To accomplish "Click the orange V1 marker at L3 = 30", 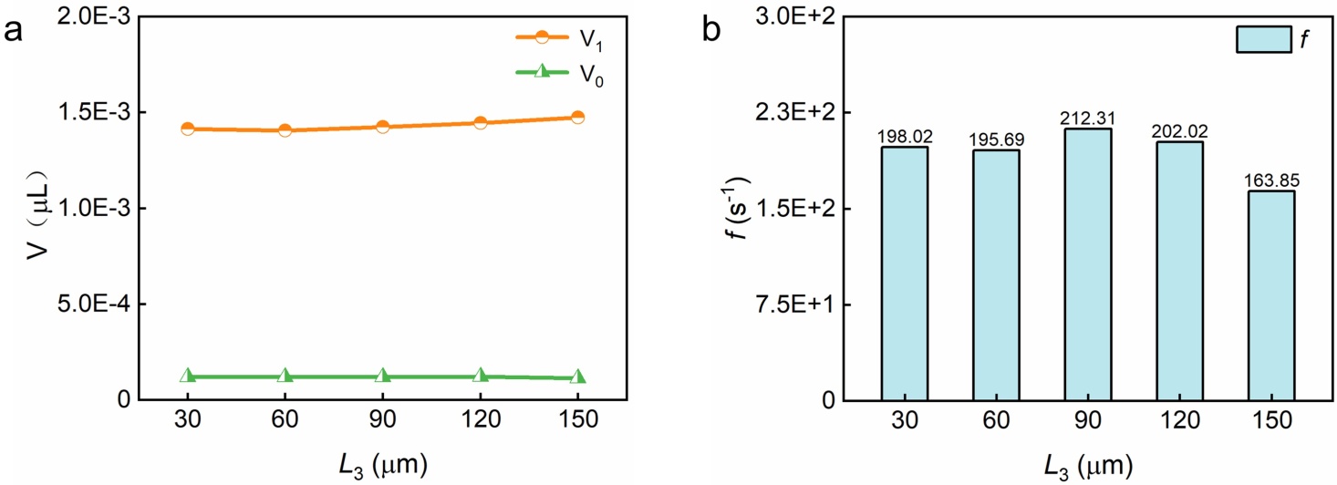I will click(x=188, y=129).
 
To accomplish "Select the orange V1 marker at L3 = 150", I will click(x=577, y=117).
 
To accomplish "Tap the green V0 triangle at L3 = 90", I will click(x=383, y=376).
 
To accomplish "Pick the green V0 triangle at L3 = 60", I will click(x=285, y=376).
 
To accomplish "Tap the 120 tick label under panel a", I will click(x=480, y=422).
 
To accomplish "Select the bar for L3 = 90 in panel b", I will click(x=1088, y=264).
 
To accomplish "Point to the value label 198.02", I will click(x=904, y=137).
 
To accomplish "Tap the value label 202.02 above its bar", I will click(x=1179, y=132).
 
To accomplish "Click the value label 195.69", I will click(x=996, y=139).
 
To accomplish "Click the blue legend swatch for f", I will click(x=1263, y=39).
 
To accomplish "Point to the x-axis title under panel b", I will click(x=1088, y=466).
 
